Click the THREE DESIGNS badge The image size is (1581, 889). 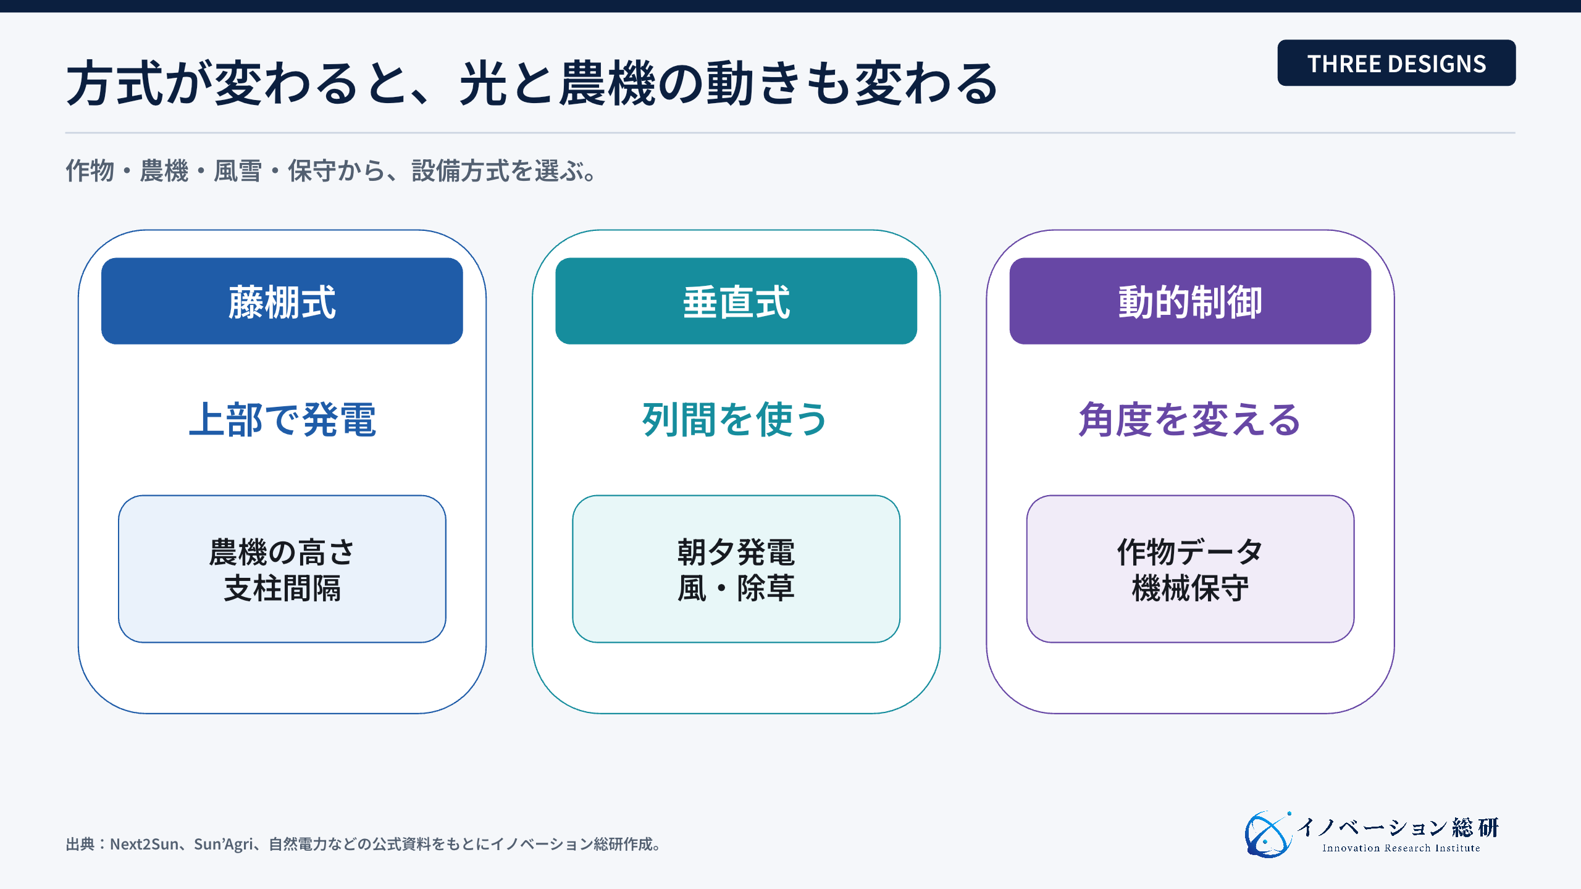[1396, 63]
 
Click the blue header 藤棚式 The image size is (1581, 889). [282, 301]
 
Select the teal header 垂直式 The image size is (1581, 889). [736, 301]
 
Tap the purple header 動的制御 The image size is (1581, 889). [1190, 301]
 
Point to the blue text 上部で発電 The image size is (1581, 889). [282, 420]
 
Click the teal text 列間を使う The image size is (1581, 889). [735, 420]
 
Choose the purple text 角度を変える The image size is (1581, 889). [1189, 420]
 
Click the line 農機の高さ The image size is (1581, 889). [282, 552]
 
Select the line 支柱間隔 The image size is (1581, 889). [282, 588]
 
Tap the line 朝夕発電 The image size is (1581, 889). [736, 552]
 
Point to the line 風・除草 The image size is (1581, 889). [736, 588]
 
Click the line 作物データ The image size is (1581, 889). [1190, 552]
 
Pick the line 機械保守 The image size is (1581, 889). [1190, 588]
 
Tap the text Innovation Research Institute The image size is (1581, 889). [1401, 848]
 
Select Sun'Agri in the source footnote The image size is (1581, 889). [223, 845]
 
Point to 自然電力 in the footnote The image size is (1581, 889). [298, 844]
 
